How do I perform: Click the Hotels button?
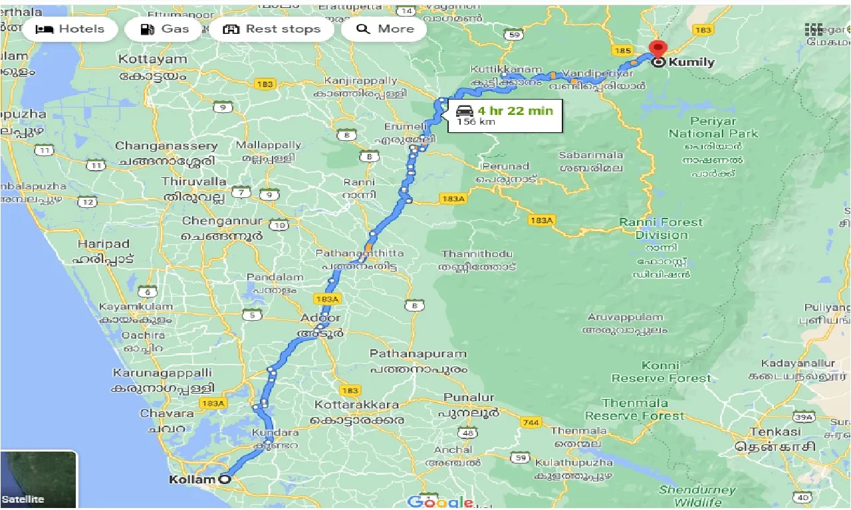point(70,29)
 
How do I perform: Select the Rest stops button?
point(271,29)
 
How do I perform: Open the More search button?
point(385,29)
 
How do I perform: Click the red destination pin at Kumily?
point(658,48)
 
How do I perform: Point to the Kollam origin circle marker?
point(225,479)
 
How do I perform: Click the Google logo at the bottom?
point(440,502)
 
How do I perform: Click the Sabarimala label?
point(591,155)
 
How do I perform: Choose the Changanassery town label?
point(166,146)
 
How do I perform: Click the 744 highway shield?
point(531,422)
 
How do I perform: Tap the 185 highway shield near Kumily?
point(623,50)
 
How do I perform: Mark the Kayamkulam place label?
point(132,306)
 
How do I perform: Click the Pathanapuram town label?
point(418,354)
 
